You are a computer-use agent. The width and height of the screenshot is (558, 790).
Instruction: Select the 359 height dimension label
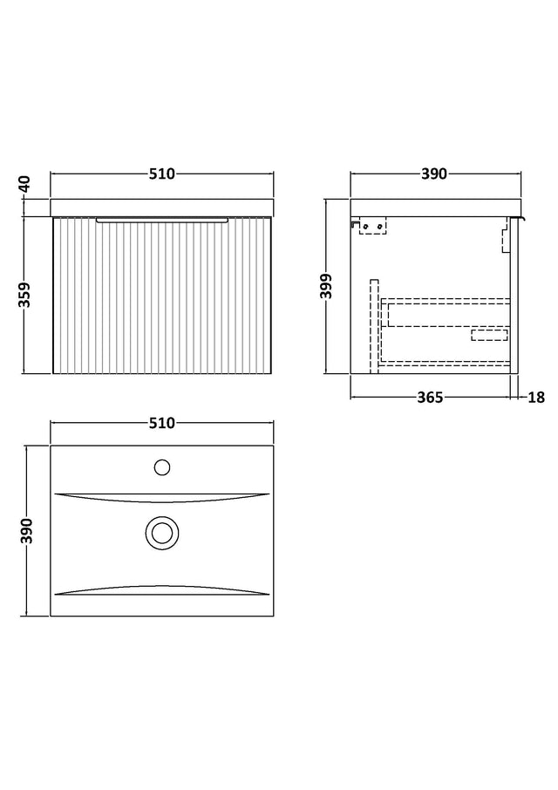click(25, 295)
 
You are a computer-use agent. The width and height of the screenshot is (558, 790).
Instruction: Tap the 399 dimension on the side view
click(328, 287)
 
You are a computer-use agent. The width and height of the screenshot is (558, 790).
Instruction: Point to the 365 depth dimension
click(430, 398)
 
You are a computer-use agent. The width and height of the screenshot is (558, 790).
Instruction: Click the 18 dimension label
click(536, 398)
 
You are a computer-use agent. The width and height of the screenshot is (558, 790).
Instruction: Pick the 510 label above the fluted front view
click(161, 174)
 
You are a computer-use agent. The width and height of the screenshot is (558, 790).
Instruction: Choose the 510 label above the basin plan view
click(161, 423)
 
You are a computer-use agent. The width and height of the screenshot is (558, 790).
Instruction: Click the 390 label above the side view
click(433, 174)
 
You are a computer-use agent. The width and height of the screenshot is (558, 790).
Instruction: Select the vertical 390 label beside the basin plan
click(27, 530)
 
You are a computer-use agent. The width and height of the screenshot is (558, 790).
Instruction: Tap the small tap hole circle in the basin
click(161, 467)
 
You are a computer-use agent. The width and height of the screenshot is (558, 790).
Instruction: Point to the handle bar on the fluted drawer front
click(162, 220)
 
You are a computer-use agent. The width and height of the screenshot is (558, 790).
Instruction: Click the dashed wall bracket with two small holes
click(372, 226)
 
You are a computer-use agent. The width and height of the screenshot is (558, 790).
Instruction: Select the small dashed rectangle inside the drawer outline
click(489, 335)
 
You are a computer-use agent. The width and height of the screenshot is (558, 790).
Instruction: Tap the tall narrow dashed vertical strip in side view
click(374, 326)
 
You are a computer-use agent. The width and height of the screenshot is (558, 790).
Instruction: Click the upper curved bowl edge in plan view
click(161, 498)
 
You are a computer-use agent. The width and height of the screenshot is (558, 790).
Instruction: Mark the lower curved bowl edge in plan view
click(161, 590)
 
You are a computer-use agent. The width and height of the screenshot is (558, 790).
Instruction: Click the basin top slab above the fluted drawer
click(162, 208)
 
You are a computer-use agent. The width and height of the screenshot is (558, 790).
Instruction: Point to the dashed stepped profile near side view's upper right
click(505, 235)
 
